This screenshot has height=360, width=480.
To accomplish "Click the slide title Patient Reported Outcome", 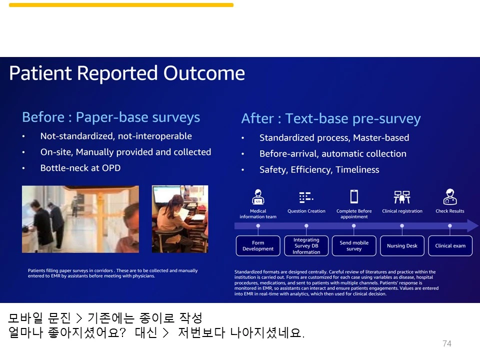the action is click(127, 73).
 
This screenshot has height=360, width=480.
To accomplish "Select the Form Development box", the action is click(258, 245).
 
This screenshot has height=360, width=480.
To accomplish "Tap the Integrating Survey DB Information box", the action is click(306, 245).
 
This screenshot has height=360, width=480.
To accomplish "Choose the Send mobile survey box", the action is click(354, 245).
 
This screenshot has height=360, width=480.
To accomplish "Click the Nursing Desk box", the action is click(402, 245).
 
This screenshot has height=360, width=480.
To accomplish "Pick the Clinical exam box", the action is click(450, 245).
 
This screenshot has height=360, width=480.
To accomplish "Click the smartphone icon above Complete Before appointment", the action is click(354, 196).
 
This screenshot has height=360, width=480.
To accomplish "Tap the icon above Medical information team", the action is click(258, 196).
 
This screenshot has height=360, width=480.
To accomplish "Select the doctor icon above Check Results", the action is click(450, 196).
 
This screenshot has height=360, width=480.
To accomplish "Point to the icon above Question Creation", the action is click(306, 197).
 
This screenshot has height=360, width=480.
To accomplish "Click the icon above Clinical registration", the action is click(402, 197).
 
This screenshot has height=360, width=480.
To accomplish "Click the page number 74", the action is click(447, 343).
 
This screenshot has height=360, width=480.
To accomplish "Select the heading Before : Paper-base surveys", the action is click(111, 117).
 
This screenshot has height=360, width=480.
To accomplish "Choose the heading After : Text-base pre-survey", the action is click(331, 119).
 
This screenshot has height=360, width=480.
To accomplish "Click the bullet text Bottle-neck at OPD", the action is click(80, 168).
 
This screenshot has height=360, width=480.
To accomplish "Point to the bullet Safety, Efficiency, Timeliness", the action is click(319, 169).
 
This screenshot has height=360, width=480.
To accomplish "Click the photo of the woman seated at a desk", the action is click(180, 219).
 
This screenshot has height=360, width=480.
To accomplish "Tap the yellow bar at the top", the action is click(121, 5).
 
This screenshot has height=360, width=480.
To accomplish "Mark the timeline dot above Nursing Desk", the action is click(402, 225).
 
